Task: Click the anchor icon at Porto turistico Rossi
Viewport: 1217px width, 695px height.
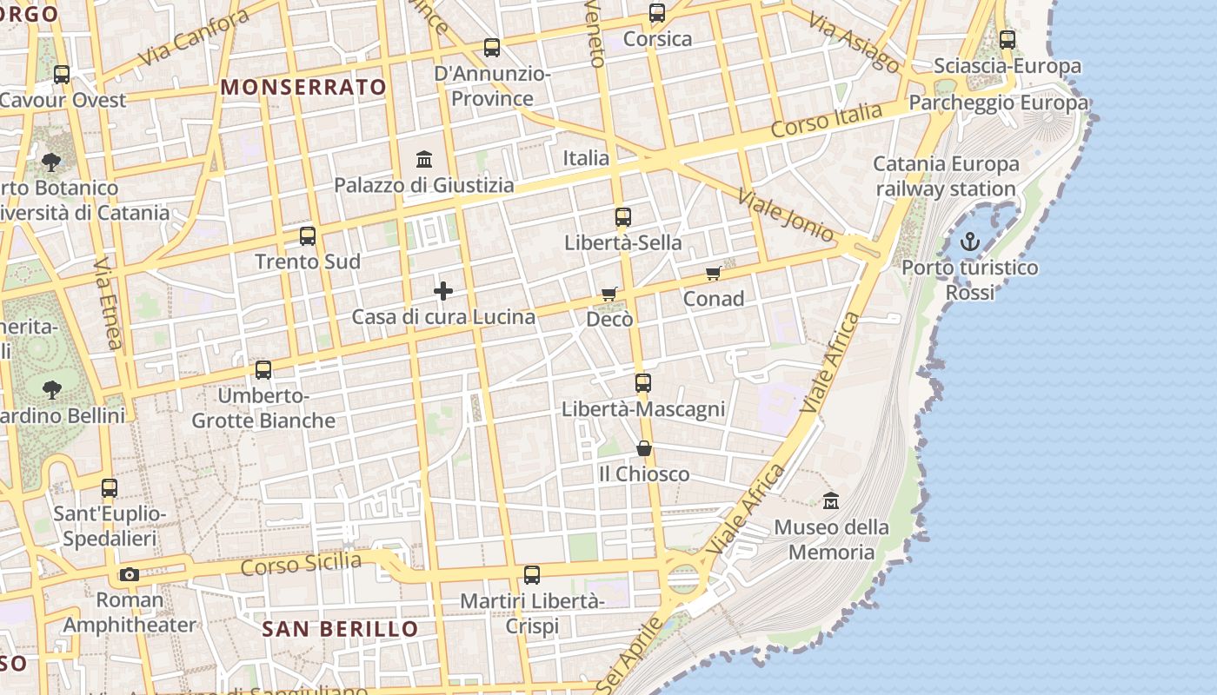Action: click(969, 242)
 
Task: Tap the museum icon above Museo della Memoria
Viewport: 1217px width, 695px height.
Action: click(831, 500)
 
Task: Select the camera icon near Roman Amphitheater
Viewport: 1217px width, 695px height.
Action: click(129, 574)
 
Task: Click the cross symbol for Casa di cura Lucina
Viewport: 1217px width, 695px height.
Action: click(443, 291)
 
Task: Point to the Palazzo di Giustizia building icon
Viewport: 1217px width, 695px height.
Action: click(424, 159)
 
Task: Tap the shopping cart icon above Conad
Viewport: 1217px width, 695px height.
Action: click(713, 274)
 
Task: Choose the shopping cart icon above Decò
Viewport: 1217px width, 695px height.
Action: click(609, 295)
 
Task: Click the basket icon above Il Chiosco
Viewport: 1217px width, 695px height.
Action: click(644, 448)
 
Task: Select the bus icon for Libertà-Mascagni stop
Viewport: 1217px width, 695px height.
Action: click(643, 382)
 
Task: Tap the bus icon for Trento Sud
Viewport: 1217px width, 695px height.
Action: click(308, 235)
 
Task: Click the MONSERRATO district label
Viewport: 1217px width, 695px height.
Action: click(303, 87)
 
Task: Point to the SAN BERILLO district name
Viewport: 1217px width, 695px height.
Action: click(340, 628)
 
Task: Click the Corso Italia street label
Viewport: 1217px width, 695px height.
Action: click(826, 120)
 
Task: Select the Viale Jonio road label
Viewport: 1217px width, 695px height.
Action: click(786, 215)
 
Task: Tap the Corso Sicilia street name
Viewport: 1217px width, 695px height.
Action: click(301, 565)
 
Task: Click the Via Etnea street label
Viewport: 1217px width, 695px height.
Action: click(109, 302)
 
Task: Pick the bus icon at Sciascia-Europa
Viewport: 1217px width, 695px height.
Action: click(1008, 39)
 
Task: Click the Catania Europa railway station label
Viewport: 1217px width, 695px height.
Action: click(946, 176)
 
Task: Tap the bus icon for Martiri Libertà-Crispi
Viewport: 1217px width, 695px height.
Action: click(532, 574)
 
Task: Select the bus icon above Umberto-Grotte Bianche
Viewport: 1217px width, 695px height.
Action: click(263, 370)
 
